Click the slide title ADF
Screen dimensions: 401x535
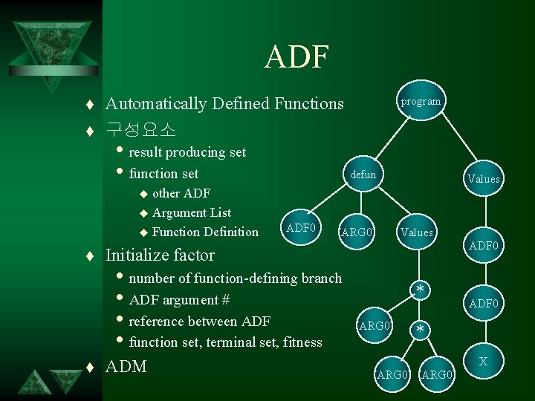tap(296, 57)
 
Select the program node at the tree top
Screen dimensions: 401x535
tap(421, 101)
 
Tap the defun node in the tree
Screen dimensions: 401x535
tap(363, 175)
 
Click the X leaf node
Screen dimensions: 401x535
tap(483, 362)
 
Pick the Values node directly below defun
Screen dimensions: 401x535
tap(416, 232)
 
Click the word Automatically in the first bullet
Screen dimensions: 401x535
tap(156, 103)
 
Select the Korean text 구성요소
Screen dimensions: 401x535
tap(140, 129)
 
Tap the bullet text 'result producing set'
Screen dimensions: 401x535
tap(187, 152)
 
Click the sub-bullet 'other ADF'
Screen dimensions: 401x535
tap(181, 193)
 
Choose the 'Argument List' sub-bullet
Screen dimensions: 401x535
tap(192, 212)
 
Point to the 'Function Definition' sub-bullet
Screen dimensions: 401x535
tap(205, 232)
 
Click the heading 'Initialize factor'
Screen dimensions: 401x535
tap(160, 255)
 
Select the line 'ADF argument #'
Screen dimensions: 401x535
tap(179, 300)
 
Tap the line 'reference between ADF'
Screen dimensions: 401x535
tap(200, 321)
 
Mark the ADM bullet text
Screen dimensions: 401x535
tap(126, 366)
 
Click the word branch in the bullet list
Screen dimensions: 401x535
tap(322, 278)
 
